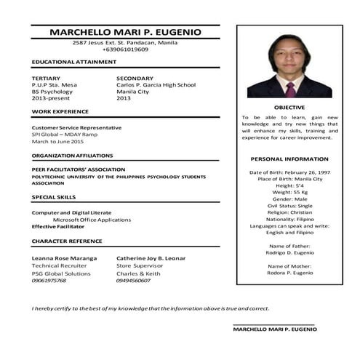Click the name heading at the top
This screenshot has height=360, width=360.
pyautogui.click(x=124, y=32)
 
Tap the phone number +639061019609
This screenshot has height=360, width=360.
pyautogui.click(x=124, y=49)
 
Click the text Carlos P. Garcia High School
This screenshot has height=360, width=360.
pyautogui.click(x=156, y=85)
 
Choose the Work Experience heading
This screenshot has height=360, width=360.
pyautogui.click(x=60, y=111)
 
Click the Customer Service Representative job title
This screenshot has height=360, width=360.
pyautogui.click(x=76, y=127)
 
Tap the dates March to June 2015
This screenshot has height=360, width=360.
pyautogui.click(x=57, y=141)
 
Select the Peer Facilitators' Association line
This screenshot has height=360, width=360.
pyautogui.click(x=73, y=169)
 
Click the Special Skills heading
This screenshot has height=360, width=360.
pyautogui.click(x=53, y=197)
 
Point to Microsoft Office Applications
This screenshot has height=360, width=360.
pyautogui.click(x=92, y=219)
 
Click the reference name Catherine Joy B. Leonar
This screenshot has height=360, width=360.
pyautogui.click(x=151, y=258)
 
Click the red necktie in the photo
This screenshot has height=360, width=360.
pyautogui.click(x=290, y=89)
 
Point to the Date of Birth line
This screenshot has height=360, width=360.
pyautogui.click(x=289, y=172)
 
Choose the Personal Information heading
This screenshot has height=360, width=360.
pyautogui.click(x=289, y=159)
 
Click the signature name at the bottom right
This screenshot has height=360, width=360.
pyautogui.click(x=275, y=329)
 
